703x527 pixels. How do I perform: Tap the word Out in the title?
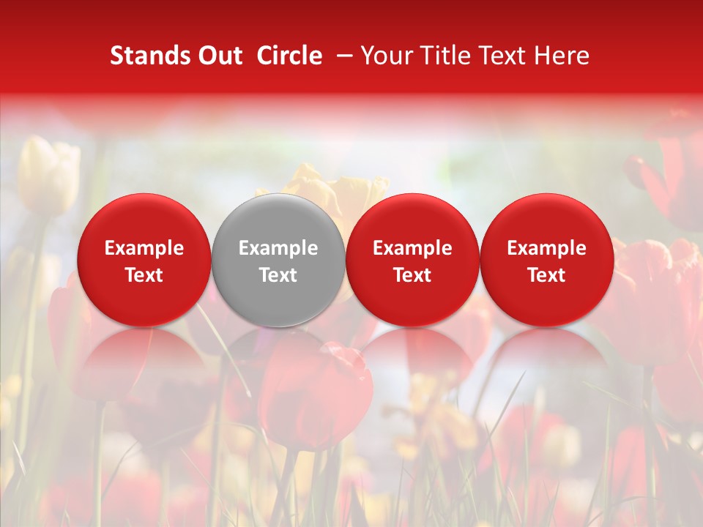pyautogui.click(x=218, y=56)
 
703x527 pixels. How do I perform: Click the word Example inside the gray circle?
pyautogui.click(x=278, y=248)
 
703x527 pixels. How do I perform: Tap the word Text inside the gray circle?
pyautogui.click(x=278, y=275)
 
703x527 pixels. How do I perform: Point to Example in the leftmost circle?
pyautogui.click(x=144, y=248)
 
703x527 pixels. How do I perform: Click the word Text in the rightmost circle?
pyautogui.click(x=547, y=275)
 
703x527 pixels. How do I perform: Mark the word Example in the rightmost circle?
pyautogui.click(x=547, y=248)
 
